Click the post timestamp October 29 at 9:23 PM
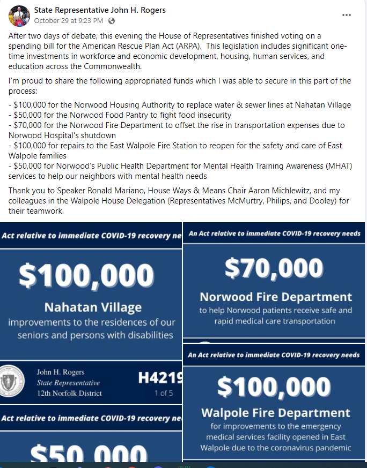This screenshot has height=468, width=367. [68, 20]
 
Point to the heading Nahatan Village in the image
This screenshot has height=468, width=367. [92, 307]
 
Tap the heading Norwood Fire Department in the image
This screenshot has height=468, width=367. [276, 297]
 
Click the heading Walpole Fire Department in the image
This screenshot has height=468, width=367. [276, 413]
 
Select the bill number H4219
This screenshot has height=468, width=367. [160, 378]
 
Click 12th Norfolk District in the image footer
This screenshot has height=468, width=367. [69, 394]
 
